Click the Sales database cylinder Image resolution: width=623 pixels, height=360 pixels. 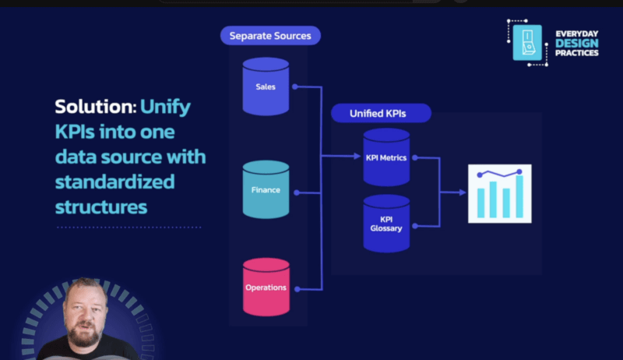point(266,86)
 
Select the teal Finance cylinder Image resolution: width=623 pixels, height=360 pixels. point(266,189)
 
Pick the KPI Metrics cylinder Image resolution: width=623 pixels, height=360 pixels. point(386,157)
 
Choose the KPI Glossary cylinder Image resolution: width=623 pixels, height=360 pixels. point(386,223)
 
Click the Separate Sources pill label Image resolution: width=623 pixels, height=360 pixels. point(270,35)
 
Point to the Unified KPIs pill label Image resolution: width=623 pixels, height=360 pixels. point(379,114)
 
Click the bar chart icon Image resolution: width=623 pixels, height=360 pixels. point(499,193)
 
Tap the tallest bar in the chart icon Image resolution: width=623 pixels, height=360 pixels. point(519,196)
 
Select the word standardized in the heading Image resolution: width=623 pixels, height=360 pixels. point(114,182)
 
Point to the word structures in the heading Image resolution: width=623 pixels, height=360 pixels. point(100,207)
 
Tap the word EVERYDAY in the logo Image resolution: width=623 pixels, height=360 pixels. point(576,34)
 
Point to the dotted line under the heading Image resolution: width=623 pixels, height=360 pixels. point(128,228)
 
